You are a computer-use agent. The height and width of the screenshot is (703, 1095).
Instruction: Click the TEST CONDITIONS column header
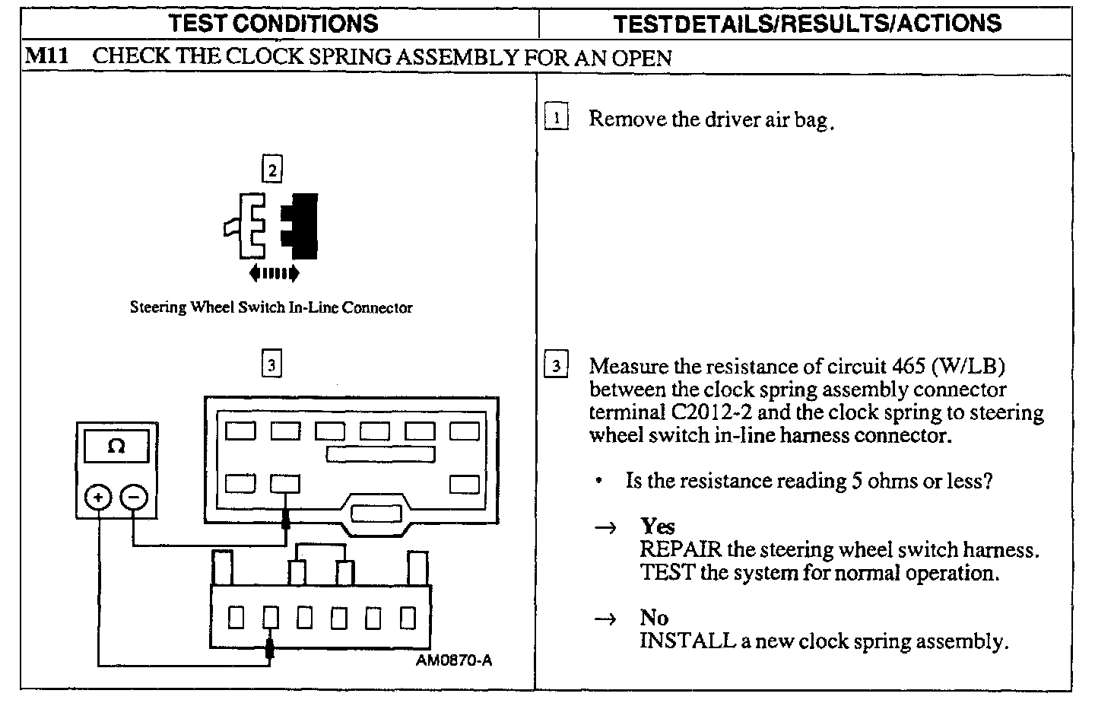point(274,23)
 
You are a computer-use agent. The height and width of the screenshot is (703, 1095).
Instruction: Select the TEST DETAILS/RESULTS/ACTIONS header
point(807,23)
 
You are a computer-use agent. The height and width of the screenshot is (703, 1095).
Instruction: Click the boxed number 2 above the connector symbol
point(271,169)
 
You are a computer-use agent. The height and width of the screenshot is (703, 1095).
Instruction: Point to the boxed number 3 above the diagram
point(271,365)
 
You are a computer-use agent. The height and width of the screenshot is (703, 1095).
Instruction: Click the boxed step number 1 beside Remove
point(557,119)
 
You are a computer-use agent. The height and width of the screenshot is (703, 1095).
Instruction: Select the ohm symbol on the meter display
point(116,446)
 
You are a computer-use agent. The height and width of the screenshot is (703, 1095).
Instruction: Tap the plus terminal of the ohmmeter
point(98,498)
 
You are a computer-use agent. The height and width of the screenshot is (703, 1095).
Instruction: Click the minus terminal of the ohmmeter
point(134,498)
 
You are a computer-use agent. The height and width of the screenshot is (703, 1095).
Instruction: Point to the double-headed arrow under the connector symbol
point(274,273)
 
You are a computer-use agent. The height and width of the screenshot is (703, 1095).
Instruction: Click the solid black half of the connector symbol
point(302,225)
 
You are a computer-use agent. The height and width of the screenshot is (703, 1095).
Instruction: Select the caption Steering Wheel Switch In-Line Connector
point(271,308)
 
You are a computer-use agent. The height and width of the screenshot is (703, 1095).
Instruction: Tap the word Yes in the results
point(657,526)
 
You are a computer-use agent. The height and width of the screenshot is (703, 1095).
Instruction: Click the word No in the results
point(654,618)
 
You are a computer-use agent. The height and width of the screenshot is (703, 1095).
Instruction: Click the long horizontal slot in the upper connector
point(380,454)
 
